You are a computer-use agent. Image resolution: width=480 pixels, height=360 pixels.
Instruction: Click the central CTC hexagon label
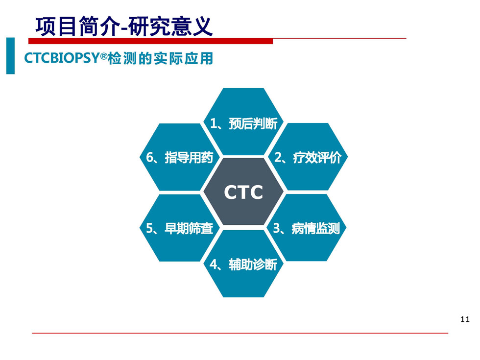coord(243,192)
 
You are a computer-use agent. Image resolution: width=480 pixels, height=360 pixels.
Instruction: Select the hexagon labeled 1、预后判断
coord(243,121)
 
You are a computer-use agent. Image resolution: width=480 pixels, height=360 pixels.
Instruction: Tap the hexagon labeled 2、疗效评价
coord(308,157)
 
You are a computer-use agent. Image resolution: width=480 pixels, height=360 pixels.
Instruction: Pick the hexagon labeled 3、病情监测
coord(307,227)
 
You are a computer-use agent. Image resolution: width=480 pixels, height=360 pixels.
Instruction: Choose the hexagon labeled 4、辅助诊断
coord(243,264)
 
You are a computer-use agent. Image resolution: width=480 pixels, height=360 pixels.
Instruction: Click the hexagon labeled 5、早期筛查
coord(180,228)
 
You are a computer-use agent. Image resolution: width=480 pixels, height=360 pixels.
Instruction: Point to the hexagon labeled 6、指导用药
coord(180,157)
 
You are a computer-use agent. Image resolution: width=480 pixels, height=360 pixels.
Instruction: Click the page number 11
coord(465,319)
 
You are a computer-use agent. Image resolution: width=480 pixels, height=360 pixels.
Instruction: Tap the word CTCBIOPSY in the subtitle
coord(62,58)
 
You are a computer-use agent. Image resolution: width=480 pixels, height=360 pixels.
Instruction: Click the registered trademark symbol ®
coord(104,55)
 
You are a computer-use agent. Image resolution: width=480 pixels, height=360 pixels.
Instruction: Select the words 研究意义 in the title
coord(170,26)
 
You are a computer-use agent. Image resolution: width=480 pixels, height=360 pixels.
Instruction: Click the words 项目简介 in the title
coord(77,26)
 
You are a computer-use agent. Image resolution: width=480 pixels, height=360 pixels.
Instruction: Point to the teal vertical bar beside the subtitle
coord(10,56)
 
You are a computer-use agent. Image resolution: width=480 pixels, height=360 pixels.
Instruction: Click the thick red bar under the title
coord(150,41)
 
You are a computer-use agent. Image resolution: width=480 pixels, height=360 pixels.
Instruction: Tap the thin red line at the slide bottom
coord(240,333)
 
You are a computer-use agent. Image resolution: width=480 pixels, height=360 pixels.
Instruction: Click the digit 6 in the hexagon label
coord(150,157)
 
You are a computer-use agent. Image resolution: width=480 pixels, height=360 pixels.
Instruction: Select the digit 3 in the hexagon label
coord(276,228)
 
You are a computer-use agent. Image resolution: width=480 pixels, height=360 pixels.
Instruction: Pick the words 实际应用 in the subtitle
coord(183,58)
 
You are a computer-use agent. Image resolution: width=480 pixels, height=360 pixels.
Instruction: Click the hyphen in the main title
coord(124,29)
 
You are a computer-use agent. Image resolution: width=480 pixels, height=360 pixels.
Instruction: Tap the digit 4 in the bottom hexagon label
coord(214,264)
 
